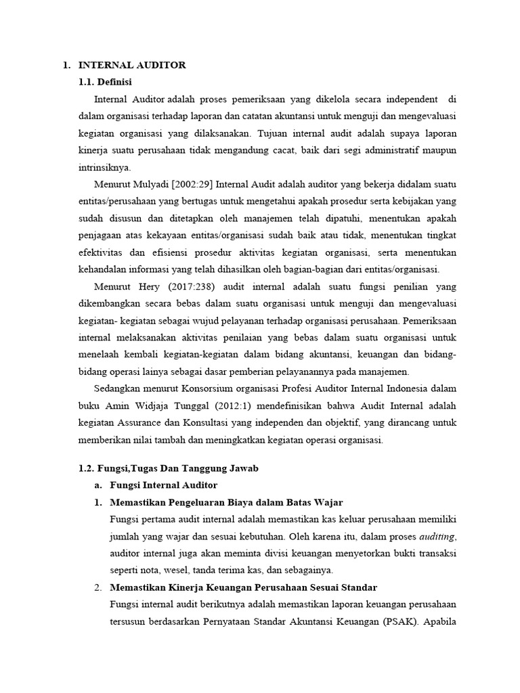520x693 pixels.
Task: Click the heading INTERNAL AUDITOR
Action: pos(132,65)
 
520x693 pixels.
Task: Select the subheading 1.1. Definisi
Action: pos(106,82)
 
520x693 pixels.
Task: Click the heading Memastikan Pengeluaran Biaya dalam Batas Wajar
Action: pos(226,502)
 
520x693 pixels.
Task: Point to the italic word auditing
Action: pos(439,536)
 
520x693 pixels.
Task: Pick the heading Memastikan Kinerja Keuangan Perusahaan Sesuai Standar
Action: pos(243,587)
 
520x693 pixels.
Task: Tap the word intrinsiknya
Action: pos(106,167)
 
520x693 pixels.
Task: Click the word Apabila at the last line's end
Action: pos(440,621)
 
